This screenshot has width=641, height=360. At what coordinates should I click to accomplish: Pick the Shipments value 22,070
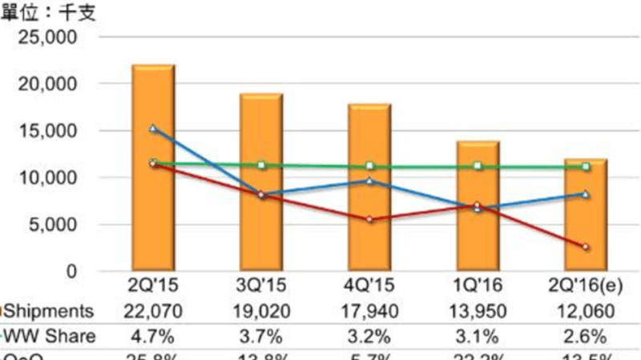coord(153,311)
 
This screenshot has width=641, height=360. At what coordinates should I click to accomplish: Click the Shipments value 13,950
coord(478,311)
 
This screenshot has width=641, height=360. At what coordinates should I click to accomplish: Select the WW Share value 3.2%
coord(369,336)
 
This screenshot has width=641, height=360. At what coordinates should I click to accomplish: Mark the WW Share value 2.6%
coord(586,336)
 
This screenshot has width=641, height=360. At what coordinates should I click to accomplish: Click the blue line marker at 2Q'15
coord(153,128)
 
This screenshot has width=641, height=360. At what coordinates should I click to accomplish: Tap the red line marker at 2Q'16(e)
coord(586,247)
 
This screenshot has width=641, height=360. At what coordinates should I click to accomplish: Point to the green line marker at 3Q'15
coord(261,165)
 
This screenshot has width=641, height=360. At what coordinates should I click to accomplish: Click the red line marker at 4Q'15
coord(369,219)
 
